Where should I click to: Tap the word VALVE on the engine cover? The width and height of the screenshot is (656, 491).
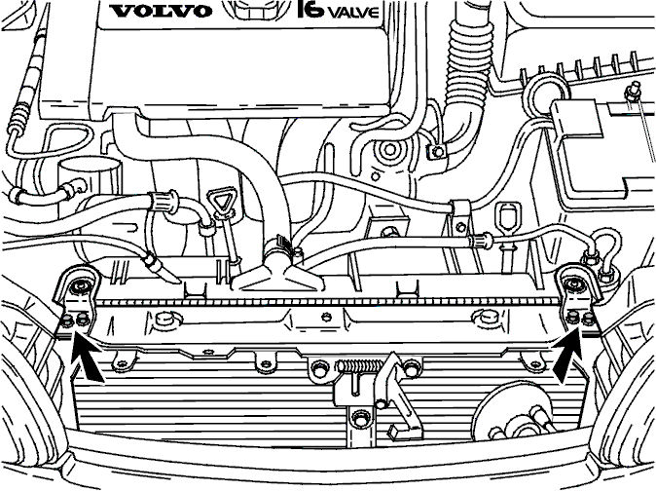click(352, 12)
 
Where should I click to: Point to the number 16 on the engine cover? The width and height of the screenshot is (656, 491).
click(310, 9)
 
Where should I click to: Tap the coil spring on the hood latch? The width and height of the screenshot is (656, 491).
click(359, 367)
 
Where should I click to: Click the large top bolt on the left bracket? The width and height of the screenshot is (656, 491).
click(79, 286)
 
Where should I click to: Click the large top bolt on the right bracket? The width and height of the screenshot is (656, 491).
click(572, 285)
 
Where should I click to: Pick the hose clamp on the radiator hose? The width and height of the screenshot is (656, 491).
click(279, 247)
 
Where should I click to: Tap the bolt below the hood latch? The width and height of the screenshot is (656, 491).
click(360, 418)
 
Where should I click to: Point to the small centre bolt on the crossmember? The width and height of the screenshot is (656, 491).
click(326, 317)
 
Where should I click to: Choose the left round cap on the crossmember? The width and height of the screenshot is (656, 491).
click(164, 319)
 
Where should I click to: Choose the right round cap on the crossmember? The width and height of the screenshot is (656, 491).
click(485, 317)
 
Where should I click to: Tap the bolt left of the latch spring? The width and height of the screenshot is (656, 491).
click(319, 368)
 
